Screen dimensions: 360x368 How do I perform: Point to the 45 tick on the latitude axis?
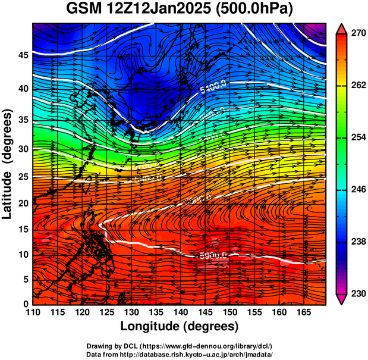click(23, 55)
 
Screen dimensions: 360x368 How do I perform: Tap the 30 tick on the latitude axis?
click(23, 149)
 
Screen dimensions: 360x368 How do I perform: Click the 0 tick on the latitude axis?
click(26, 304)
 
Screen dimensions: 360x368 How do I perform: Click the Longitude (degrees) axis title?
click(180, 326)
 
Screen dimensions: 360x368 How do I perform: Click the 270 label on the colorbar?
click(354, 34)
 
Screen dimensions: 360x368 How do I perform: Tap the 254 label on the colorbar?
click(354, 137)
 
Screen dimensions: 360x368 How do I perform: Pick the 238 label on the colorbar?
click(354, 242)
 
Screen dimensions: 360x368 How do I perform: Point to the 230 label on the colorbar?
click(354, 293)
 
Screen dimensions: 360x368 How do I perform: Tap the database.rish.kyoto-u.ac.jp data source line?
click(180, 354)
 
